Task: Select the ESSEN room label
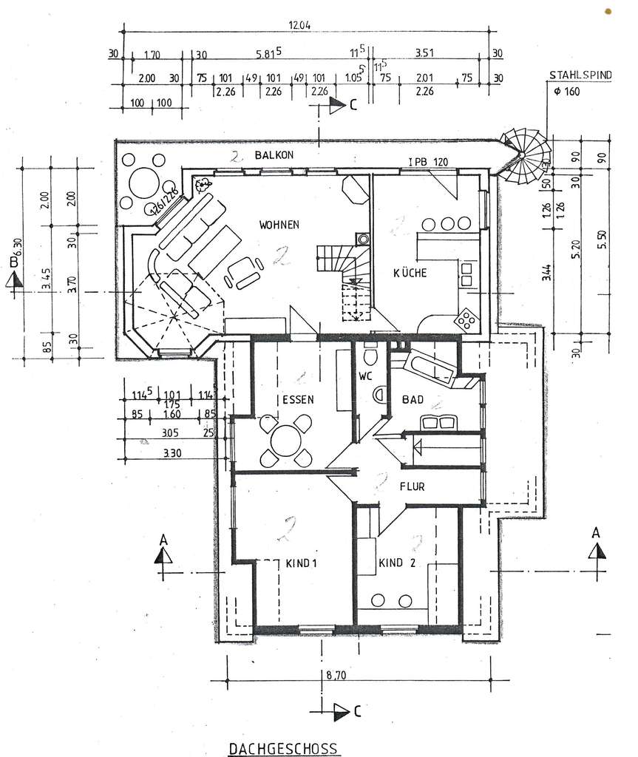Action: [x=298, y=399]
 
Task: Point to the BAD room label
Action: [x=413, y=400]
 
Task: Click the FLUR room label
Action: [x=413, y=487]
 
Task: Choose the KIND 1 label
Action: [x=301, y=563]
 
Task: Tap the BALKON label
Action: [x=275, y=155]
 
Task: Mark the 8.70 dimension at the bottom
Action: [x=336, y=673]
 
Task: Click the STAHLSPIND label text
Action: [x=580, y=75]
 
